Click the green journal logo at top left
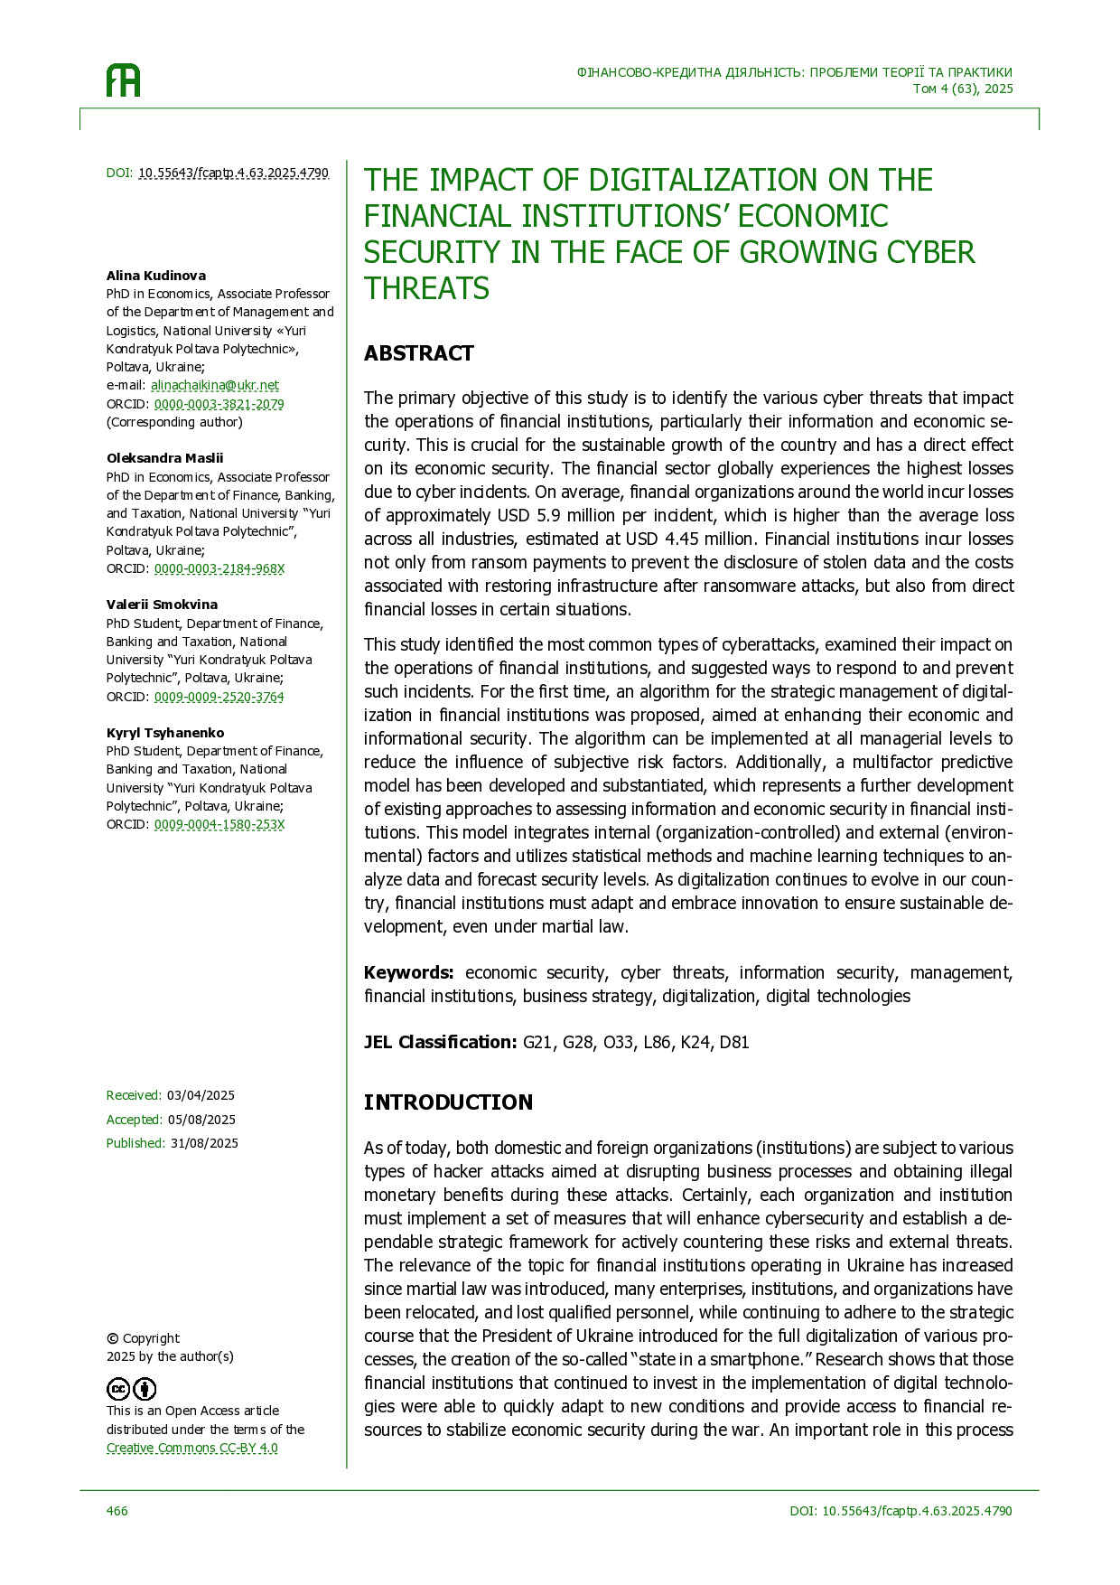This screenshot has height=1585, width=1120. pos(124,80)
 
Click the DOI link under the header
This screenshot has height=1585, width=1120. pos(233,173)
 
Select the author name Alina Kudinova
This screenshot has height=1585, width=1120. pos(156,276)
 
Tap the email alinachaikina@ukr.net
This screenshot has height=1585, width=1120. pos(215,385)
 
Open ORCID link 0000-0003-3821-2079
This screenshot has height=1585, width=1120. pos(219,404)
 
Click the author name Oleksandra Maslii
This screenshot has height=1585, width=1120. pos(164,458)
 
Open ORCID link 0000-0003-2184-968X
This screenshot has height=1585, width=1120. pos(219,568)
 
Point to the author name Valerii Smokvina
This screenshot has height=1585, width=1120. pos(162,605)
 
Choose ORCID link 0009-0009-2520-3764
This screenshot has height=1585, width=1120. pos(219,697)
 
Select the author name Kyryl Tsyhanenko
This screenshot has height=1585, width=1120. pos(165,733)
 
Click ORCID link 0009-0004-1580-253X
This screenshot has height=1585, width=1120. pos(219,824)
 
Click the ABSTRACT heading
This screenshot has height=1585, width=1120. pos(418,353)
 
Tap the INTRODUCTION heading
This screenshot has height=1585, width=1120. pos(448,1102)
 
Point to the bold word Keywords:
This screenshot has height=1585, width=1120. pos(408,972)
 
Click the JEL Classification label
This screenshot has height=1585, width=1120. pos(440,1042)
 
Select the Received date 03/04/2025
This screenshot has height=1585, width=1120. pos(201,1095)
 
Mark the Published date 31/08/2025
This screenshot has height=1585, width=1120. pos(204,1143)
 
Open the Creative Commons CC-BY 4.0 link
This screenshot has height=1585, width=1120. pos(192,1448)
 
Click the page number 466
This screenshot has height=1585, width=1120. pos(117,1511)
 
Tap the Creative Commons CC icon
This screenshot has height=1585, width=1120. pos(119,1389)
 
